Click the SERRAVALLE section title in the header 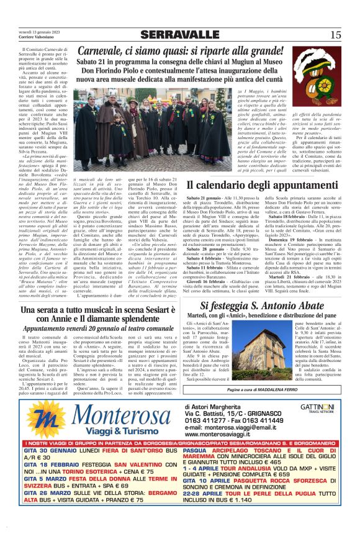pyautogui.click(x=179, y=35)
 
